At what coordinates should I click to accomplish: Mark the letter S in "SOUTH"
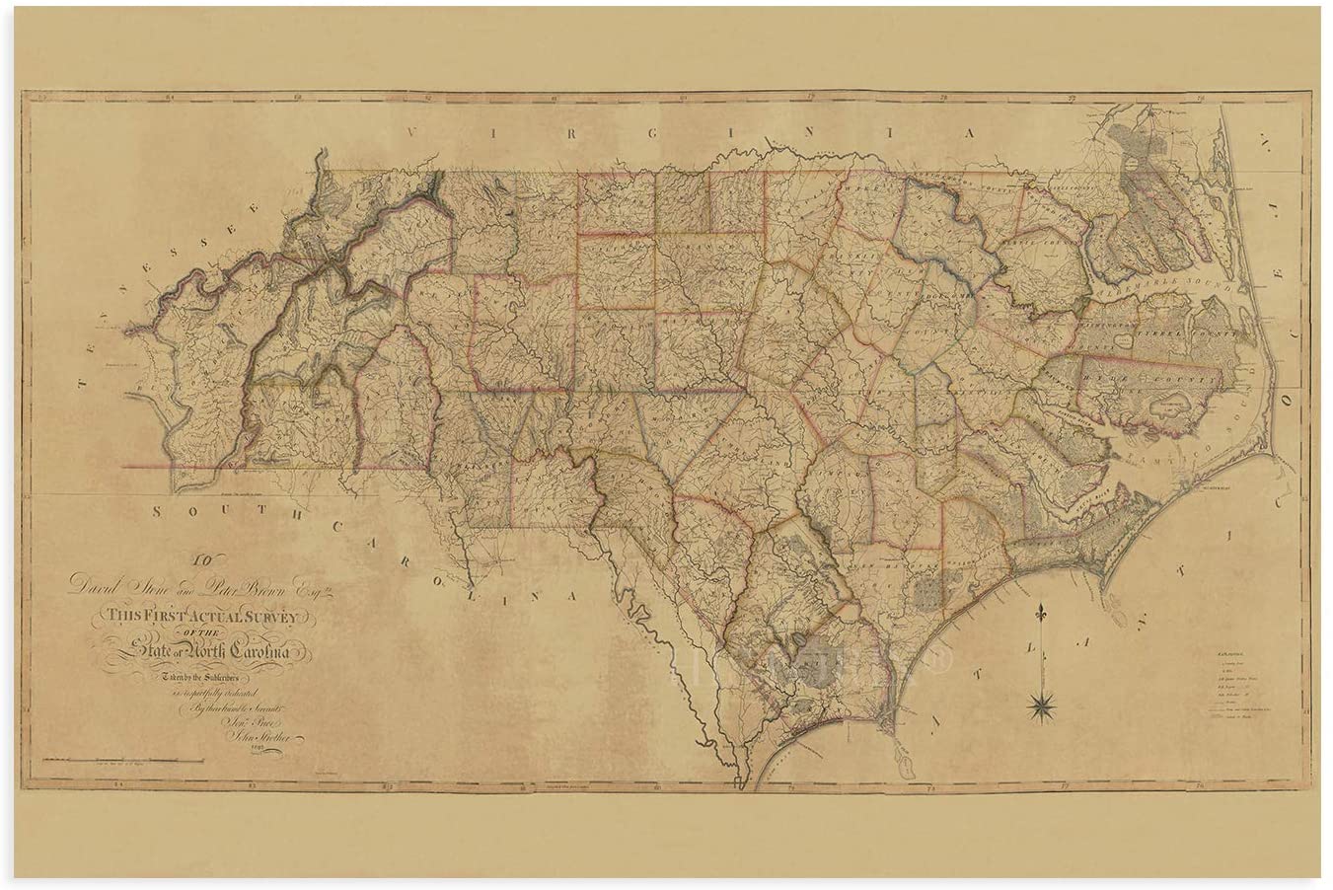pyautogui.click(x=157, y=510)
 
